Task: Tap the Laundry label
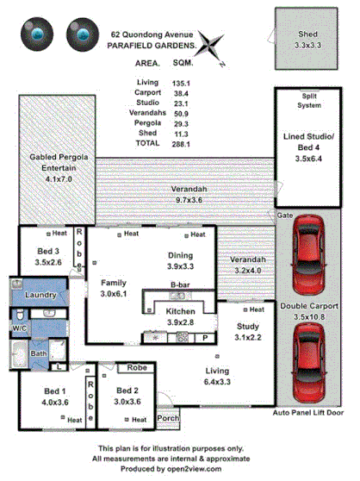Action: pos(40,296)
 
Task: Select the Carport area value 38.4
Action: pos(181,91)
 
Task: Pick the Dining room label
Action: pos(181,260)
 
